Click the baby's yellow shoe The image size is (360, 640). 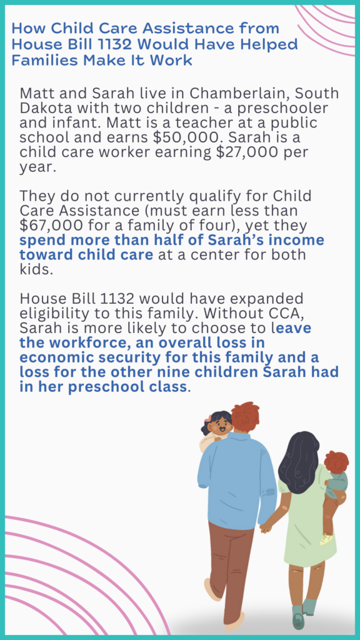(326, 539)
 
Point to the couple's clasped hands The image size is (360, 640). (266, 527)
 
